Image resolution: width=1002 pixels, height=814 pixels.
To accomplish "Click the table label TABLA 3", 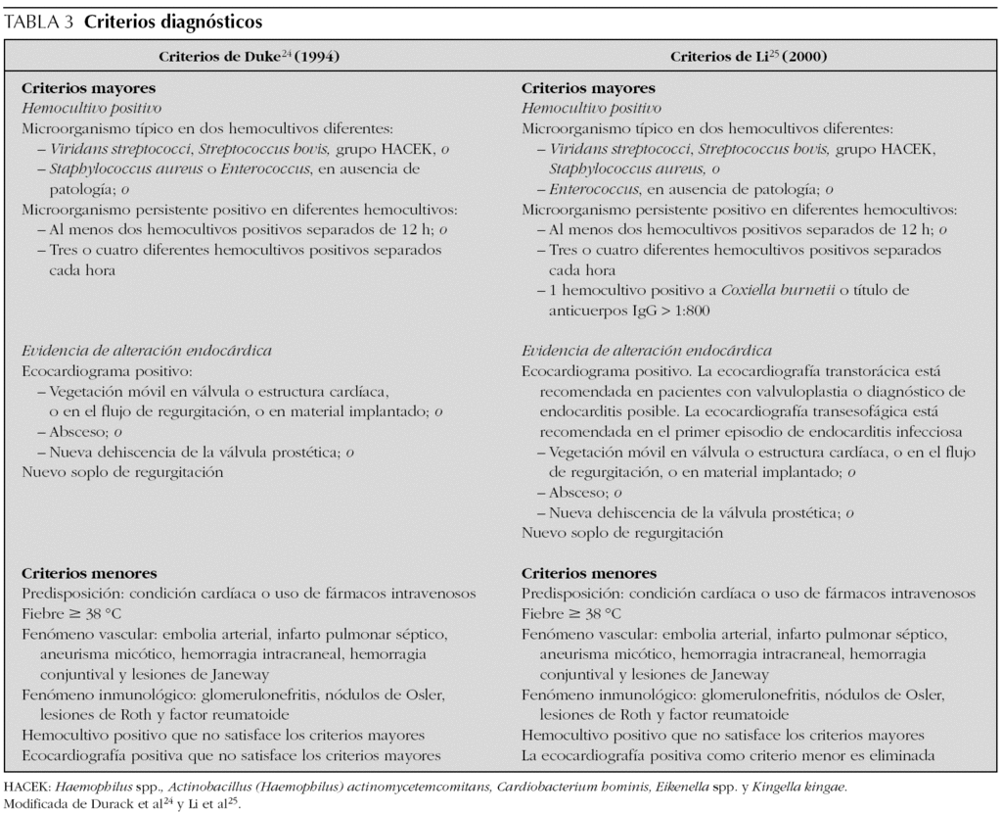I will [39, 21].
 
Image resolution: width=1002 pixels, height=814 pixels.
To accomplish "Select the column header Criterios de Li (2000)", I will [749, 57].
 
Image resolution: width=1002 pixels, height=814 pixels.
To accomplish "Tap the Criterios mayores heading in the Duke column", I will [87, 88].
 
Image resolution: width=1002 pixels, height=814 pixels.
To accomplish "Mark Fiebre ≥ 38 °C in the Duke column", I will [70, 613].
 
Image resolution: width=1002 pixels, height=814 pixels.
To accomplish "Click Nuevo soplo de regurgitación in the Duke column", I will [122, 472].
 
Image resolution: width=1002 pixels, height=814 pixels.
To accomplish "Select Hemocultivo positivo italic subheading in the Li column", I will [591, 108].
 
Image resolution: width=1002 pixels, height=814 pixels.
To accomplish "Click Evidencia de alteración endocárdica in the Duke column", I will [146, 351].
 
